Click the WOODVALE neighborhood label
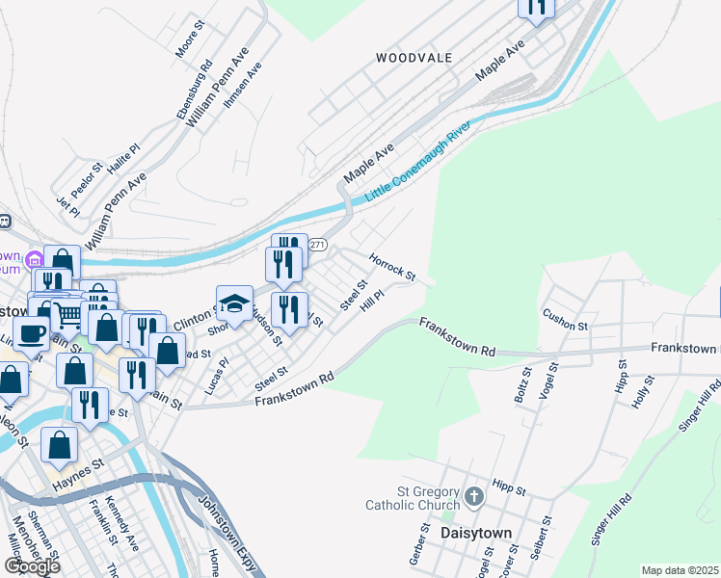click(x=414, y=58)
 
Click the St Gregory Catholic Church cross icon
click(x=473, y=497)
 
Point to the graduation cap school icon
click(x=234, y=303)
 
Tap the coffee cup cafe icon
click(x=31, y=333)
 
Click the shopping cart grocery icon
click(x=67, y=312)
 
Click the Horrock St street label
click(x=391, y=267)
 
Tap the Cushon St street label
click(x=565, y=319)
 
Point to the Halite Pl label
click(x=124, y=158)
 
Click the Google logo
click(x=32, y=566)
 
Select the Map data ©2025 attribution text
click(x=680, y=570)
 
